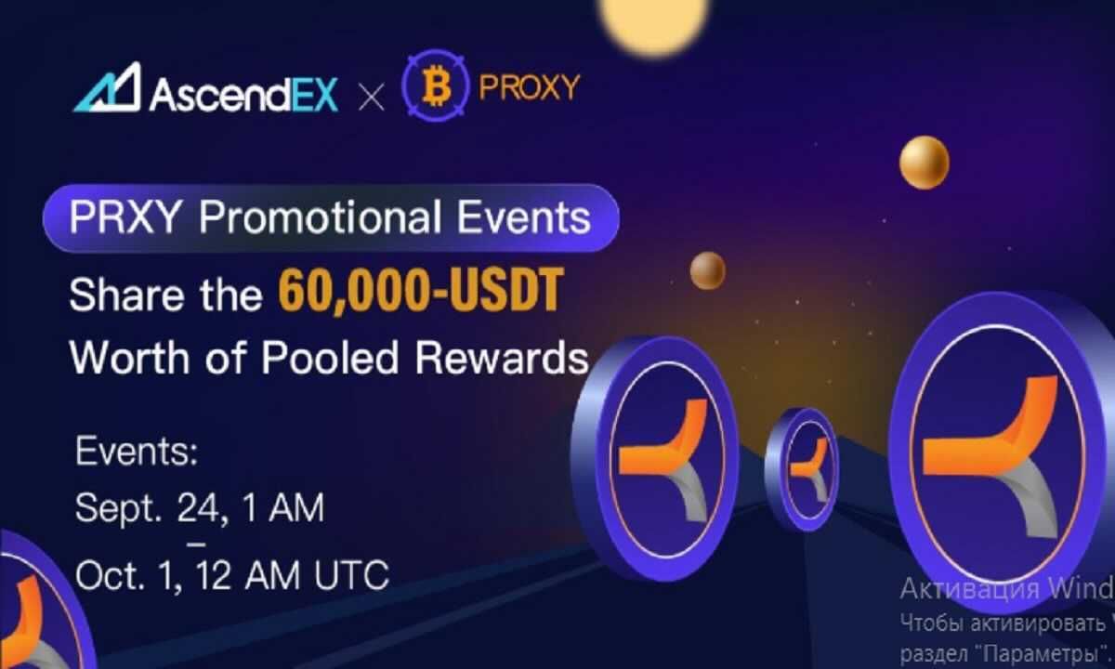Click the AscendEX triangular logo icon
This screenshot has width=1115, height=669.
click(x=107, y=88)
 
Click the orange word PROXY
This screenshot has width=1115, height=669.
click(x=529, y=87)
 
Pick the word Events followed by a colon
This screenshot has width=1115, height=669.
click(x=137, y=455)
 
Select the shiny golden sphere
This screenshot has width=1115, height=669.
click(x=924, y=162)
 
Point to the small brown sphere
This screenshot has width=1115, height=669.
click(x=708, y=270)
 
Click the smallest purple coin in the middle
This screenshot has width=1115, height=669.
click(x=802, y=468)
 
